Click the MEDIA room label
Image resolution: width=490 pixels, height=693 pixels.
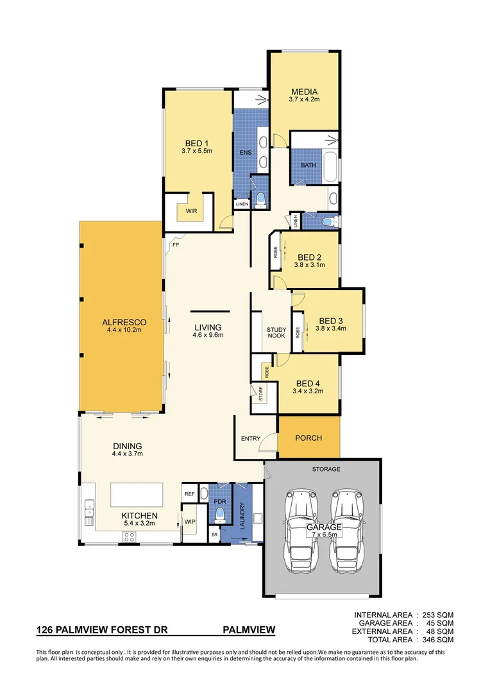304,92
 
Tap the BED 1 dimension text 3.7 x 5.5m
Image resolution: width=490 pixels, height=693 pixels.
196,151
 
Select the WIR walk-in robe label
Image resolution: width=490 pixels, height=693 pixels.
190,210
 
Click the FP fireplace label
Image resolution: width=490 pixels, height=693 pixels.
174,244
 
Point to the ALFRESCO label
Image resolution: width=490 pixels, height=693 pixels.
124,322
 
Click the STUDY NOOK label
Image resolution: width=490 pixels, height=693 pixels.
276,333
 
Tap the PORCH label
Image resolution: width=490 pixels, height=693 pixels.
308,438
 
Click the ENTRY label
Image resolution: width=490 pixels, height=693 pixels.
250,439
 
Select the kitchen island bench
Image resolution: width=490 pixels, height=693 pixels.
136,495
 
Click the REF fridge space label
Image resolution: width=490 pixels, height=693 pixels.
189,494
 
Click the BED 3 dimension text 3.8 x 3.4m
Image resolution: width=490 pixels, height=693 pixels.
330,328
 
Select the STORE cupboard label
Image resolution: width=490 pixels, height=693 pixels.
261,395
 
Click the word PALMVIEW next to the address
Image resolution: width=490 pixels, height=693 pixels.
249,630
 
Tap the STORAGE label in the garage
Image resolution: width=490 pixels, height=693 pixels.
326,469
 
